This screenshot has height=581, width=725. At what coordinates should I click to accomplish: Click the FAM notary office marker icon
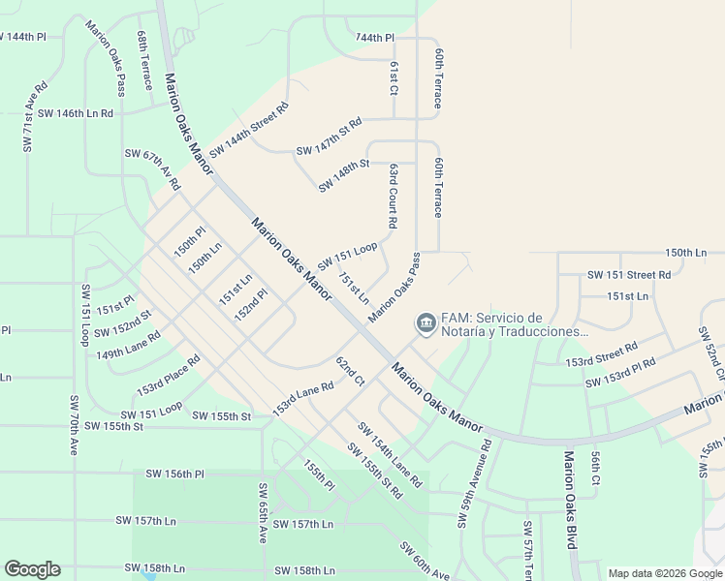[x=425, y=322]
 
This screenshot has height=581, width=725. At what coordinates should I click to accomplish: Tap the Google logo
[x=32, y=569]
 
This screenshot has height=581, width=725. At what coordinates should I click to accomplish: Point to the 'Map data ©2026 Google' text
[x=664, y=573]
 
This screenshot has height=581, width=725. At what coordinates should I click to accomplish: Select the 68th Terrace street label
[x=144, y=60]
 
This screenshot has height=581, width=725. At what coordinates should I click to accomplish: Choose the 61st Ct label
[x=394, y=77]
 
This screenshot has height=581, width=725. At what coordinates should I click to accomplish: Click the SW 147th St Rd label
[x=329, y=137]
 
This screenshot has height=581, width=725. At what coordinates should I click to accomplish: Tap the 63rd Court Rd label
[x=394, y=195]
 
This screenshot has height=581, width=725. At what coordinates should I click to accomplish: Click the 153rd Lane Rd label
[x=302, y=398]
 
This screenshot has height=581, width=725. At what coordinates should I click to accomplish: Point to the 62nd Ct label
[x=350, y=373]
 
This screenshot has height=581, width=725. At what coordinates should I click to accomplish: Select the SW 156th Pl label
[x=175, y=474]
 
